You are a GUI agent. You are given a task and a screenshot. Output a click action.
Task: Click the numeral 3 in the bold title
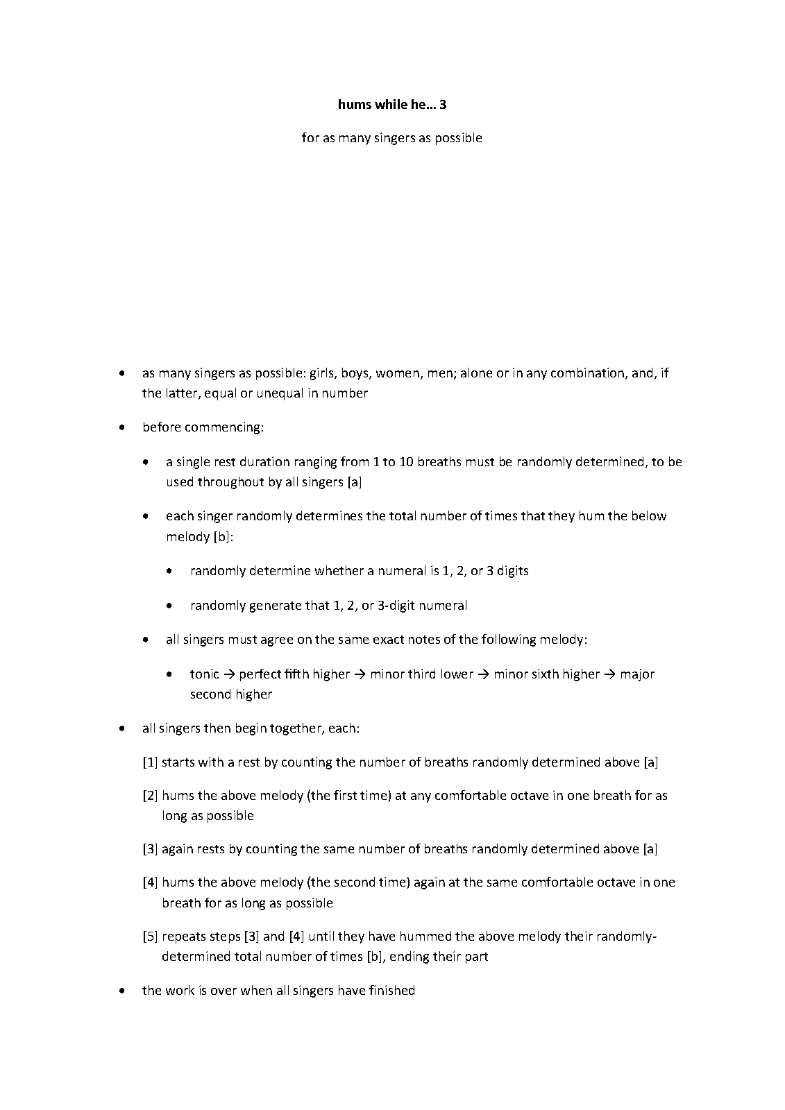pyautogui.click(x=442, y=105)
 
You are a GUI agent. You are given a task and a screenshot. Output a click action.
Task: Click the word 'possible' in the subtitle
pyautogui.click(x=458, y=138)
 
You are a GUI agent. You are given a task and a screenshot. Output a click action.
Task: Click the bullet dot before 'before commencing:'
pyautogui.click(x=123, y=427)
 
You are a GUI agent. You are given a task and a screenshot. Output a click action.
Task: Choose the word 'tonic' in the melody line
pyautogui.click(x=204, y=674)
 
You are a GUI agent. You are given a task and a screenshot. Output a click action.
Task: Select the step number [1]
pyautogui.click(x=150, y=762)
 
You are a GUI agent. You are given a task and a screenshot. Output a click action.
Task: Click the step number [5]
pyautogui.click(x=150, y=937)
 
